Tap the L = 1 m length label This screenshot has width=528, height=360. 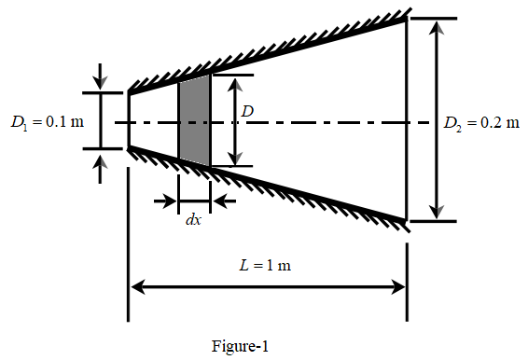266,265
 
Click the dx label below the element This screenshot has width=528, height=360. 193,221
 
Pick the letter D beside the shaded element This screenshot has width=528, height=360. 246,112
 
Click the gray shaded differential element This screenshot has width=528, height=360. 194,121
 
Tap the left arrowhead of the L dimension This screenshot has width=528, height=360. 135,286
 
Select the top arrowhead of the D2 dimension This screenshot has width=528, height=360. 434,25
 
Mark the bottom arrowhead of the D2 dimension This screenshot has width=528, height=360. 434,214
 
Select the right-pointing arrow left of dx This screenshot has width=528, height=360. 171,200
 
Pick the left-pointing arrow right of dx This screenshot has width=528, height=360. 219,200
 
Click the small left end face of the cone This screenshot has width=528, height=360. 128,119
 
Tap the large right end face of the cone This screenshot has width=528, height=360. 406,119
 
